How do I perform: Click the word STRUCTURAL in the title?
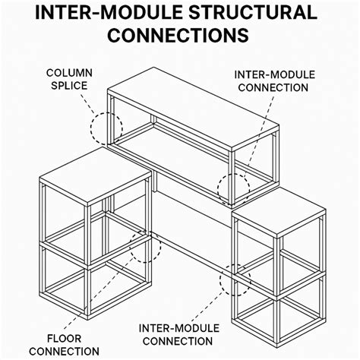[x=253, y=12]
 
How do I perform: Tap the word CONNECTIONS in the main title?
[x=178, y=35]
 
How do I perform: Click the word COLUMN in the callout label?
[x=69, y=73]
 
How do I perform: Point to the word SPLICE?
[x=69, y=86]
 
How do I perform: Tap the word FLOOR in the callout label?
[x=65, y=339]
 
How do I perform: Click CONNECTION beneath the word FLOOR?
[x=64, y=352]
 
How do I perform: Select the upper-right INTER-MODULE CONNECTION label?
[x=274, y=81]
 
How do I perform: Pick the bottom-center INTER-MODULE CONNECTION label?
[x=178, y=335]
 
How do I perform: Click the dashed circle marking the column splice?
[x=90, y=128]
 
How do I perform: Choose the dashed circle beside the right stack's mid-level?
[x=220, y=279]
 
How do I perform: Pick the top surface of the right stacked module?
[x=279, y=211]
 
